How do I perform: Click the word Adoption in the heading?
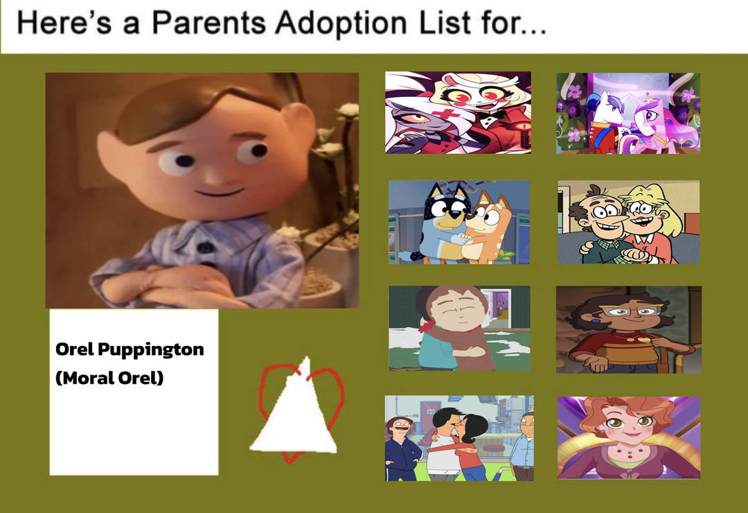tap(341, 23)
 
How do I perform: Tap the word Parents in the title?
tap(209, 22)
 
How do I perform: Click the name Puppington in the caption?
tap(151, 350)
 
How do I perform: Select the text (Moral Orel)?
tap(109, 378)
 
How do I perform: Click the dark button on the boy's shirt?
tap(206, 247)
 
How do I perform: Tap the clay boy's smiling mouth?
tap(220, 193)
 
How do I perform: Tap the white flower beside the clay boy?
tap(348, 111)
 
